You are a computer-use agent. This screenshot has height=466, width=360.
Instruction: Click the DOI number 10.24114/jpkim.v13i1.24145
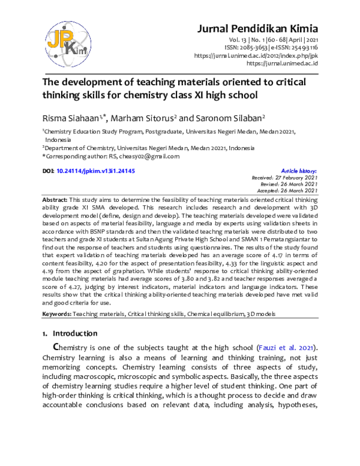point(95,171)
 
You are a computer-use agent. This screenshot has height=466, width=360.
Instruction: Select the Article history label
point(299,171)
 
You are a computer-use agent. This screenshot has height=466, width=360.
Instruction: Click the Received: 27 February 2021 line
point(284,178)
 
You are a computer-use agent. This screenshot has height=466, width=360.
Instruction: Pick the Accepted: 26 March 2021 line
point(284,192)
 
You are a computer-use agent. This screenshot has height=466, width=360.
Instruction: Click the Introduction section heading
point(74,333)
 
